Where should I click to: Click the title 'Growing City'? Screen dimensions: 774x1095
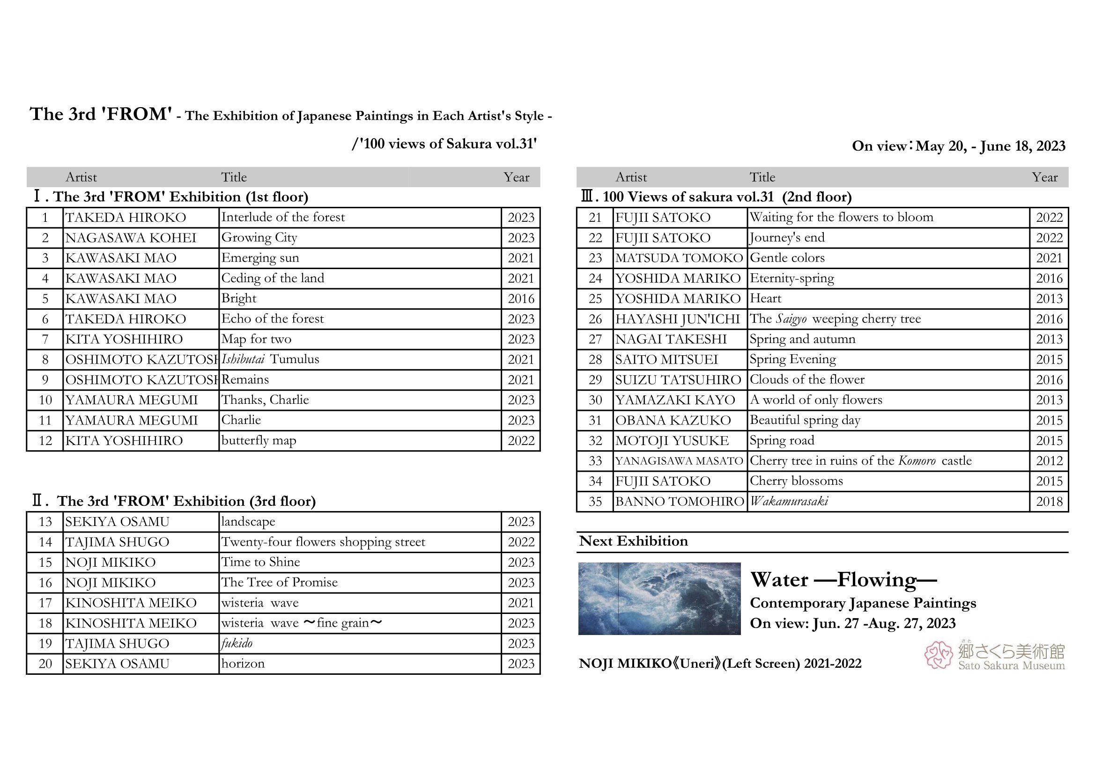[259, 237]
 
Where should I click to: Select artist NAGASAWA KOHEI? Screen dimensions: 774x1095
[131, 238]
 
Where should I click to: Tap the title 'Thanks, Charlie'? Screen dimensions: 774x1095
[265, 400]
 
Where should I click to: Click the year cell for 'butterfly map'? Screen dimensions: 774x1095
[521, 441]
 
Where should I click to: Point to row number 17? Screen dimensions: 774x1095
[45, 603]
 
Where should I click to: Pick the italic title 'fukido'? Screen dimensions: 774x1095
[237, 643]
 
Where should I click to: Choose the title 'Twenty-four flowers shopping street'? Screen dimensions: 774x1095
[323, 542]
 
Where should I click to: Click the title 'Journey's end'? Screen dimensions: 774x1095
[787, 237]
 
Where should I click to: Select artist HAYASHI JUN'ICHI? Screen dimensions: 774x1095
[677, 319]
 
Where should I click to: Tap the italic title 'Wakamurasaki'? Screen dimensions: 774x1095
[789, 501]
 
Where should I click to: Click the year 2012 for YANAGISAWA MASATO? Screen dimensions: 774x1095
[1049, 461]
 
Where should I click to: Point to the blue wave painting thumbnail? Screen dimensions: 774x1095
[659, 599]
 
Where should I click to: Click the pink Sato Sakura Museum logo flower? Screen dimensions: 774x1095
[938, 655]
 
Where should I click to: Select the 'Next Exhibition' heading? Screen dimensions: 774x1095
[633, 541]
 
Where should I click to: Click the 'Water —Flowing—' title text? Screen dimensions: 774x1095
[843, 580]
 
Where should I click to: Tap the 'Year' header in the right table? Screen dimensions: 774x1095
[1044, 177]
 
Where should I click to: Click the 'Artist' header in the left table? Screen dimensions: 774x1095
[81, 177]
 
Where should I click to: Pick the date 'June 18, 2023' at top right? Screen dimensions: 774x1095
[1022, 146]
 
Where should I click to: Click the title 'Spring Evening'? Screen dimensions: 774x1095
[792, 359]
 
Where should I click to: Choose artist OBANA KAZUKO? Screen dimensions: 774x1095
[673, 420]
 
